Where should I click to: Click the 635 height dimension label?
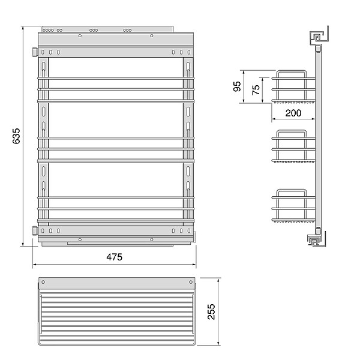coord(16,136)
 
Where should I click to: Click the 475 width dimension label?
coord(115,257)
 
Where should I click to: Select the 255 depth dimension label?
coord(211,311)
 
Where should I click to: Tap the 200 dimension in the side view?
coord(293,113)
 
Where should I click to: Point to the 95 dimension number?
coord(237,86)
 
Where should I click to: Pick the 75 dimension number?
coord(256,90)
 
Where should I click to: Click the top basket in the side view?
coord(293,86)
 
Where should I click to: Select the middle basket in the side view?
coord(293,146)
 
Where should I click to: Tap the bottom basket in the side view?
coord(293,206)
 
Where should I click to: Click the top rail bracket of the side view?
coord(319,37)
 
